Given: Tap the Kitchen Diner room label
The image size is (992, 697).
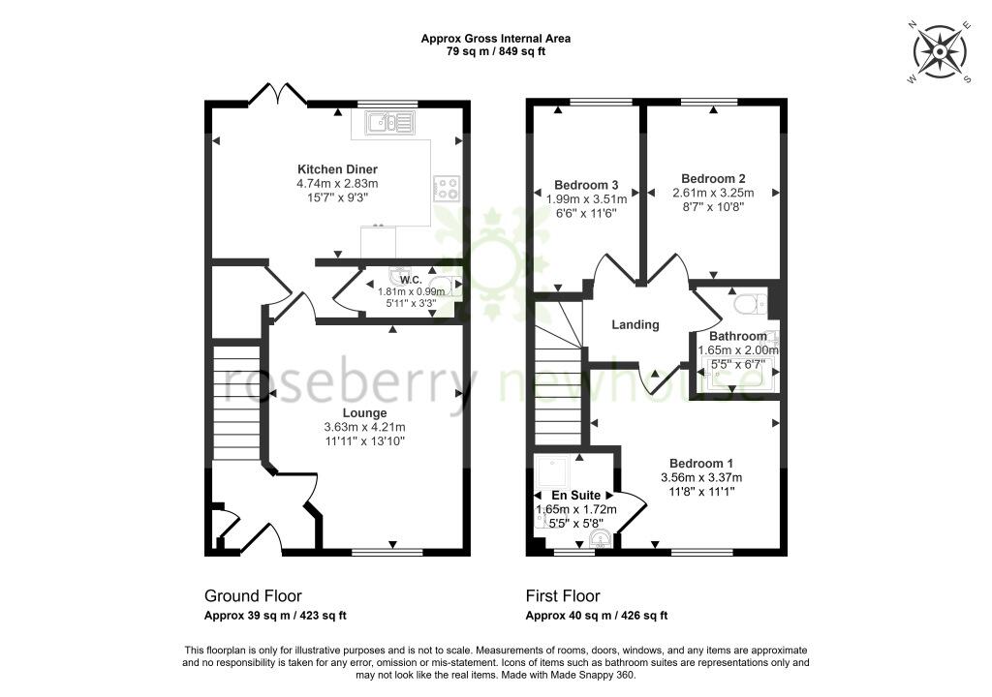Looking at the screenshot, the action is [x=337, y=169].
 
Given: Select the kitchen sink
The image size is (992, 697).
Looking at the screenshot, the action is [x=389, y=121].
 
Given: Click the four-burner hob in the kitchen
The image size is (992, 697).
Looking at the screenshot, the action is [x=446, y=188].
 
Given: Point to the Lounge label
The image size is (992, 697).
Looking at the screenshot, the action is [x=364, y=413].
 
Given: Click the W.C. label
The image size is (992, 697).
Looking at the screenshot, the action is [x=411, y=280].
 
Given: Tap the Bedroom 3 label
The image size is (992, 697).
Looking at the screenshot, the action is [x=586, y=185].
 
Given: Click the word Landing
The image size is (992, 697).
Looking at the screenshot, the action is [x=635, y=325].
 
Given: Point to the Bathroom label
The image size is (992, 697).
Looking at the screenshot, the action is [x=737, y=337].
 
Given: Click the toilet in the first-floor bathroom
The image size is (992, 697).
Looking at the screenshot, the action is [x=751, y=304].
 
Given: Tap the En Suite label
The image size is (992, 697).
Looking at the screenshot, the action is [x=575, y=496].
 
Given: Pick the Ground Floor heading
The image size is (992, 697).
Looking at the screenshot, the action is [x=253, y=595].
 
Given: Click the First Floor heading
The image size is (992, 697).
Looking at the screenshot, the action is [x=563, y=595].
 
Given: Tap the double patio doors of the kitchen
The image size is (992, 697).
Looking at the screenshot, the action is [x=278, y=93].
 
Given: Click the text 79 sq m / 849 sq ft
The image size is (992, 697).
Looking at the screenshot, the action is [x=496, y=52].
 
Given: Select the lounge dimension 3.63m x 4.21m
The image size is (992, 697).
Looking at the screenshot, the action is [x=364, y=428].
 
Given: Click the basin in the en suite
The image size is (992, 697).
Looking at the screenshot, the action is [x=599, y=539].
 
